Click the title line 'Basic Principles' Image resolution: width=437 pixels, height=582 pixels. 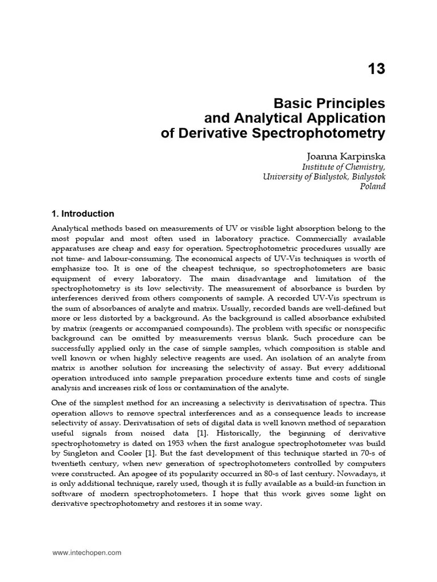pos(329,104)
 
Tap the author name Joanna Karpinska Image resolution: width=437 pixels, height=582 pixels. pos(345,155)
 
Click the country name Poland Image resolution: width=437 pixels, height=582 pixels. pos(373,186)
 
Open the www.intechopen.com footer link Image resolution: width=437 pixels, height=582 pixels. pos(86,552)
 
